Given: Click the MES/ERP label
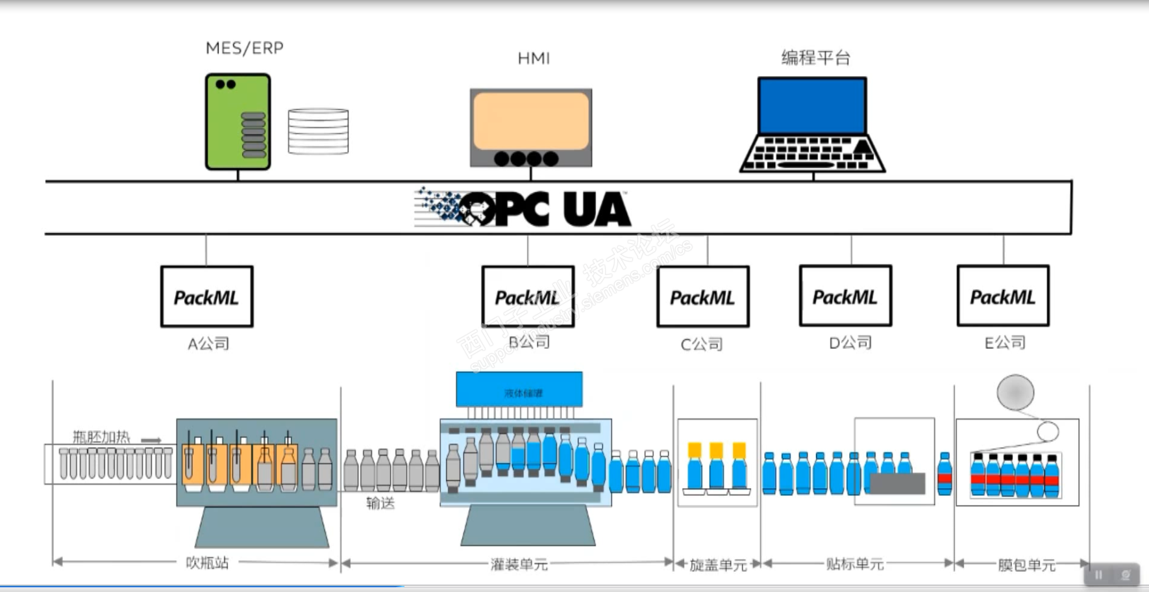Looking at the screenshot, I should coord(244,49).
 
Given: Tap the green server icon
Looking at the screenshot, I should coord(238,122).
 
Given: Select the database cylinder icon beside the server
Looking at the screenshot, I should coord(318,131).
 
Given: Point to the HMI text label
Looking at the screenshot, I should coord(534,59).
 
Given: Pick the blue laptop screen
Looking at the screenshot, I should coord(812,106).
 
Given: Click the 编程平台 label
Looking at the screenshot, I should coord(815,58).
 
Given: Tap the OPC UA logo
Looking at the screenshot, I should coord(523,209).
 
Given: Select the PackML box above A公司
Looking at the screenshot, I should coord(206,296).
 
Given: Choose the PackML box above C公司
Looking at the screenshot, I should coord(702,297).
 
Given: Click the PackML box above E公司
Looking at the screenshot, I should coord(1002,296).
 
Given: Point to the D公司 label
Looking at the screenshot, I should coord(850,342).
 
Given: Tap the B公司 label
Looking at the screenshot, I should coord(529,342).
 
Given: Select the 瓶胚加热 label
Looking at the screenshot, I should coord(101,437).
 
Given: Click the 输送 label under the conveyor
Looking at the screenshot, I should coord(380,502).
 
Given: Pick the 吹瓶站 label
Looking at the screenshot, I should coord(207,562).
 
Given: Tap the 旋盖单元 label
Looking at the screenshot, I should coord(717,565).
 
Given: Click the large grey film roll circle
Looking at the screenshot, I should coord(1015,393).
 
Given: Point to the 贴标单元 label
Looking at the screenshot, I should coord(854,563).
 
